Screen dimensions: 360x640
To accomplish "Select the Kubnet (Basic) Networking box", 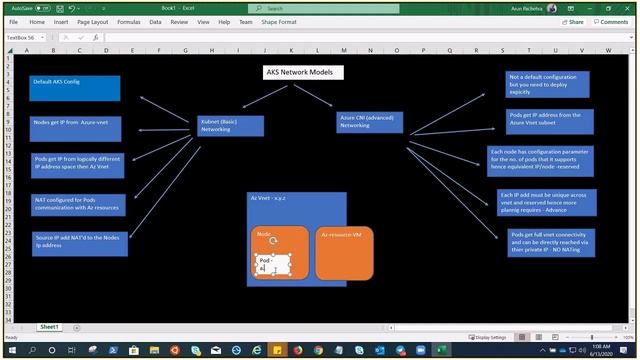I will click(231, 125).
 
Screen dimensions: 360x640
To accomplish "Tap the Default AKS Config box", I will click(75, 88).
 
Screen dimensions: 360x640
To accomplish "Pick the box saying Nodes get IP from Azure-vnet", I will click(75, 128).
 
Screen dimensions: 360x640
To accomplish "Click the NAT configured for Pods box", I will click(78, 204).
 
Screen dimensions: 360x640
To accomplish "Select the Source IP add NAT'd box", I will click(79, 242).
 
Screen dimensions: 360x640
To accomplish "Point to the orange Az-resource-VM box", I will click(346, 252).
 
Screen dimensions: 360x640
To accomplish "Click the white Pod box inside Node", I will click(272, 264).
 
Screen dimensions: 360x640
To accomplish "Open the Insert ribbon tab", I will click(62, 21).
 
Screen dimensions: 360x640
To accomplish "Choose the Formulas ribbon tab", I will click(128, 21).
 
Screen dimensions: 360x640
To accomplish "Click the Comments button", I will click(610, 21).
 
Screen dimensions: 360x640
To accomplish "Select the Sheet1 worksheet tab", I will click(48, 327).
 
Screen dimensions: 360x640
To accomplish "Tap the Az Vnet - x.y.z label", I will click(267, 199).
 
